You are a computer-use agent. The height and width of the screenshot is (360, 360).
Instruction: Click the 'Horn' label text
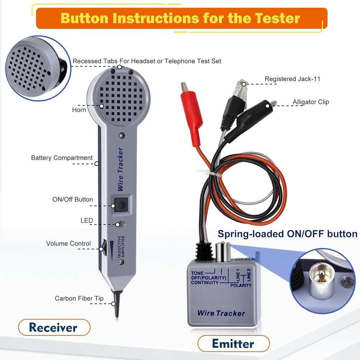pyautogui.click(x=79, y=109)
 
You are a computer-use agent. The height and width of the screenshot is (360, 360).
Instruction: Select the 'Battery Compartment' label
pyautogui.click(x=62, y=158)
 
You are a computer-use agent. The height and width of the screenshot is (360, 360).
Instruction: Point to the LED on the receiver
pyautogui.click(x=122, y=224)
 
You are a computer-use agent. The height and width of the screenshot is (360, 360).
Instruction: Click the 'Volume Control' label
pyautogui.click(x=68, y=244)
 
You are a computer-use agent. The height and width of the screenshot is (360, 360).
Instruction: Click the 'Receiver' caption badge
pyautogui.click(x=53, y=327)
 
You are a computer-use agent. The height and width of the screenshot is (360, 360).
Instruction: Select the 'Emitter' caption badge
pyautogui.click(x=233, y=343)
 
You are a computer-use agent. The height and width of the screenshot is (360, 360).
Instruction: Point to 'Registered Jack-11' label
pyautogui.click(x=292, y=79)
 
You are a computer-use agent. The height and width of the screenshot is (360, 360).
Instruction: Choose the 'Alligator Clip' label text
pyautogui.click(x=311, y=102)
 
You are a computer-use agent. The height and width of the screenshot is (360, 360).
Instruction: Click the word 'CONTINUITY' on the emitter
pyautogui.click(x=205, y=283)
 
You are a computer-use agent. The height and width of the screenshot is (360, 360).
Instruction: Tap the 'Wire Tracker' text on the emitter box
pyautogui.click(x=221, y=313)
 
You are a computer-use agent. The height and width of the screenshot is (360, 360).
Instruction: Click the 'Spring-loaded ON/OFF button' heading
pyautogui.click(x=287, y=234)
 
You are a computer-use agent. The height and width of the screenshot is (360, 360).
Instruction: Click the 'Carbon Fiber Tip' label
pyautogui.click(x=79, y=298)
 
